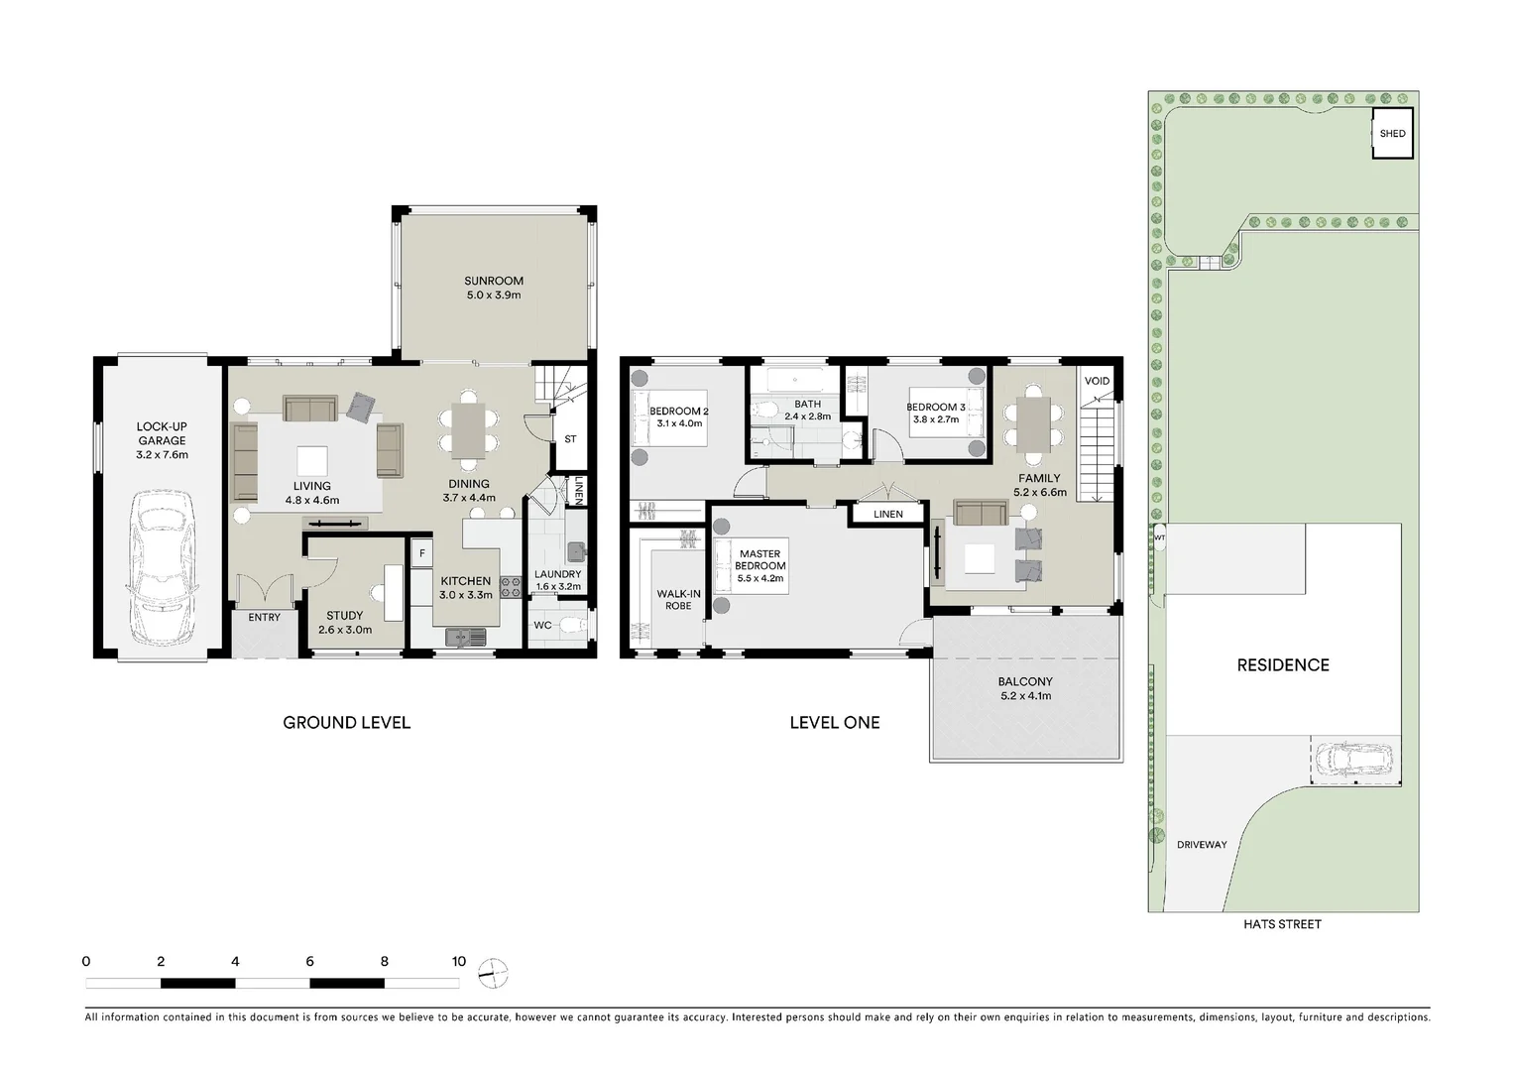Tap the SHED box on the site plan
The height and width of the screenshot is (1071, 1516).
click(1392, 134)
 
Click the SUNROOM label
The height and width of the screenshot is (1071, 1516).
click(493, 282)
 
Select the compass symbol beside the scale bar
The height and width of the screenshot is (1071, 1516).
click(493, 974)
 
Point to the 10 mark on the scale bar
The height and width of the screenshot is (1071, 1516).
click(458, 961)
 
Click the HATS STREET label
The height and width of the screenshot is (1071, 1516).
click(1282, 924)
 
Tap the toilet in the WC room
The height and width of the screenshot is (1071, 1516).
click(569, 626)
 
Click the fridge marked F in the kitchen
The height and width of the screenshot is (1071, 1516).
click(421, 553)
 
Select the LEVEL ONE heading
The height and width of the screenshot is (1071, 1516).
click(834, 723)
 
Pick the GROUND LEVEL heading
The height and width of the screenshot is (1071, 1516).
click(346, 723)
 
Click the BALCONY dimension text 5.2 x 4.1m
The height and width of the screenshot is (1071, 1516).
click(1025, 696)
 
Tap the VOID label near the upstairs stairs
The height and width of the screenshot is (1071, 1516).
click(1097, 381)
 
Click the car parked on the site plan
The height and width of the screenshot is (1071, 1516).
click(1352, 759)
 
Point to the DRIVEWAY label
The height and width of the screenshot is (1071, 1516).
click(1202, 845)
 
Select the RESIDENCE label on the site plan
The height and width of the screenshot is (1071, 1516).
click(1282, 665)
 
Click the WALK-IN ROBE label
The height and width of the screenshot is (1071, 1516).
click(678, 600)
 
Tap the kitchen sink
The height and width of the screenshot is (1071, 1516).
click(462, 638)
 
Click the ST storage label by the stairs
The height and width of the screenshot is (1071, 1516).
click(570, 439)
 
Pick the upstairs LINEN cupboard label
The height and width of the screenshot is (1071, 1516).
click(887, 514)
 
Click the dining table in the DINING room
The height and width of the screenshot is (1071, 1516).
click(468, 428)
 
